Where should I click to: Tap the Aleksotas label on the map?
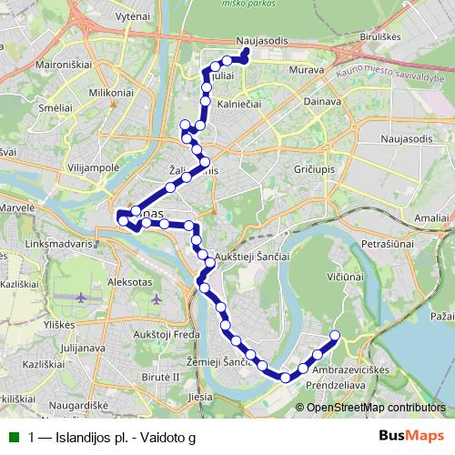click(103, 283)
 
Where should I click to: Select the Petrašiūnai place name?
click(387, 244)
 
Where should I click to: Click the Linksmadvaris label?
click(61, 244)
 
